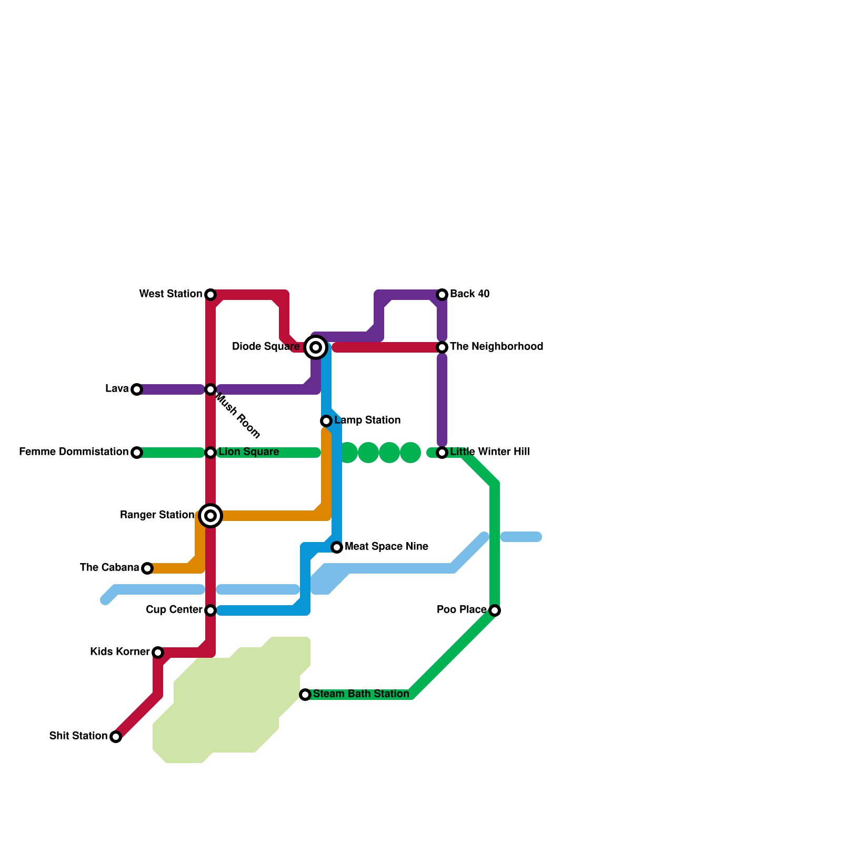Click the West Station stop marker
pos(210,295)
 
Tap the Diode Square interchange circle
pos(316,347)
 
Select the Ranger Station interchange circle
pos(210,516)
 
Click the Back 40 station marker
pos(442,295)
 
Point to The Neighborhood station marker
pos(442,347)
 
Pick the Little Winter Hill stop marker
pos(442,453)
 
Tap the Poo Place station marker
pos(494,610)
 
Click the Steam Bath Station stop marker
pos(305,695)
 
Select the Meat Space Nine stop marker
pos(337,547)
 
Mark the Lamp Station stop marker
pos(326,421)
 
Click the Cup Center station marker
pos(210,610)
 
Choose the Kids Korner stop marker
pos(158,653)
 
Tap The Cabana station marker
pos(147,568)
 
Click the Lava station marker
pos(137,389)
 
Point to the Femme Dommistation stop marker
pos(137,453)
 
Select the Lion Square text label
pos(248,452)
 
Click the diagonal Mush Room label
pos(238,418)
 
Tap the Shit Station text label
pos(78,736)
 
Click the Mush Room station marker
pos(210,389)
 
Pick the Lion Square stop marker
pos(210,453)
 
